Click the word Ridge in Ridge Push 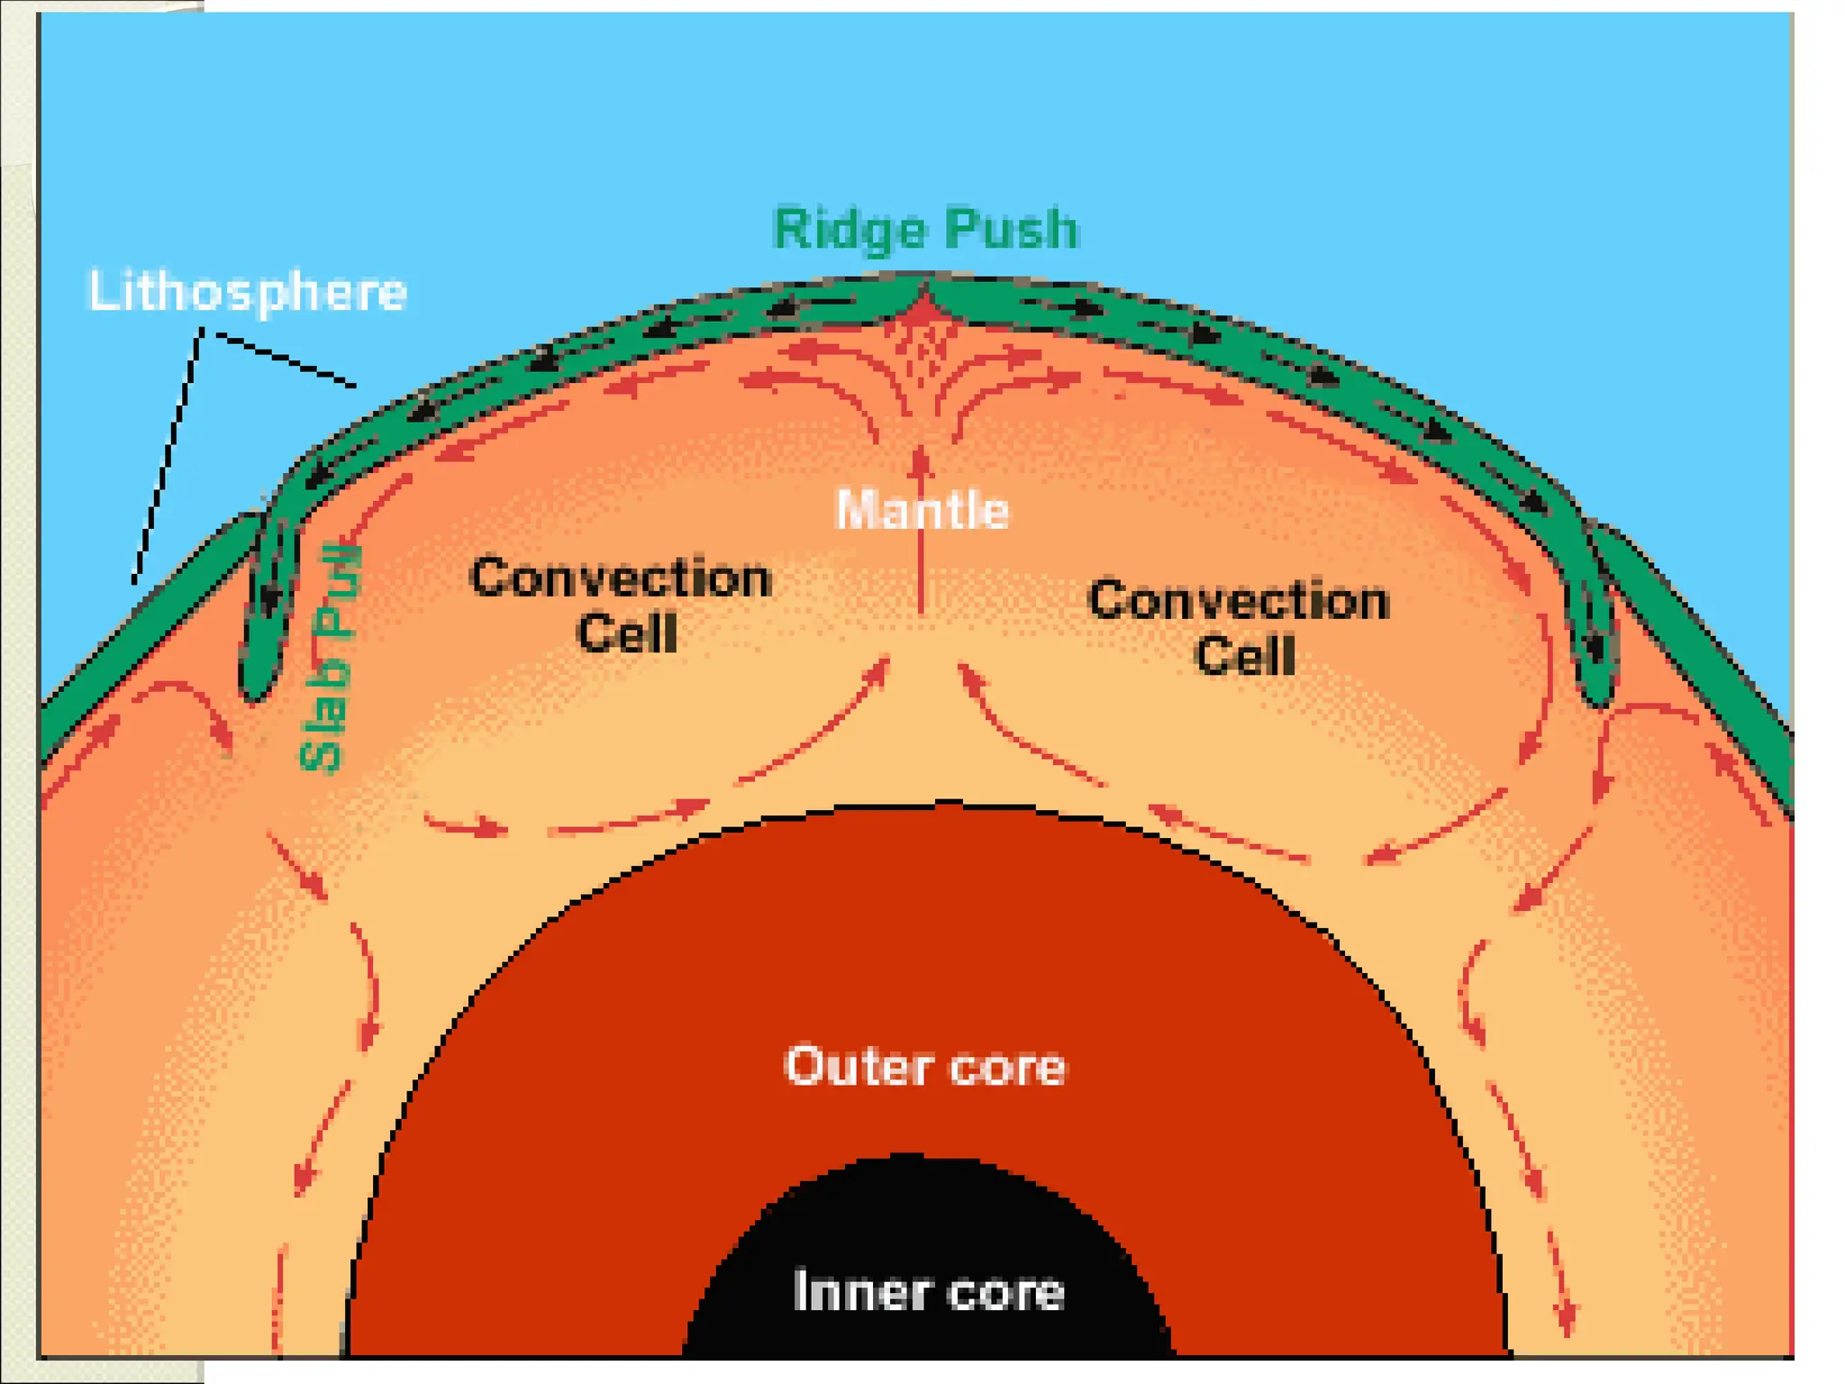(850, 231)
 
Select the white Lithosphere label (248, 291)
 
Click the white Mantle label (922, 510)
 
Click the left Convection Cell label (621, 605)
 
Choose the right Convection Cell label (1240, 627)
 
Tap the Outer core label (925, 1067)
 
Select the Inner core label (929, 1291)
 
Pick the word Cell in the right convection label (1245, 656)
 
